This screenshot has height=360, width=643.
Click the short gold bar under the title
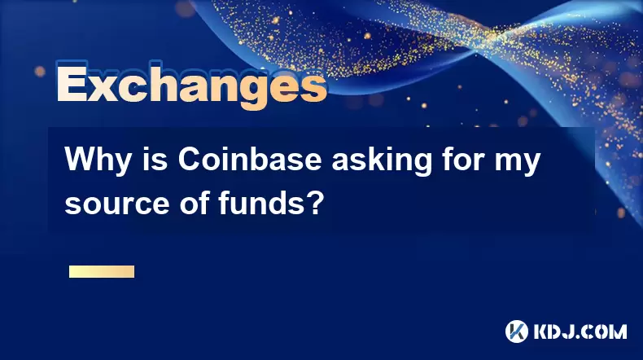(102, 272)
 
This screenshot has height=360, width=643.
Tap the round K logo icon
(517, 331)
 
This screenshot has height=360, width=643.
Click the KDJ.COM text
(580, 331)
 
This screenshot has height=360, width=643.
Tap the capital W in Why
(80, 160)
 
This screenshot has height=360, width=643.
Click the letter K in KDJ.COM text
(542, 331)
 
